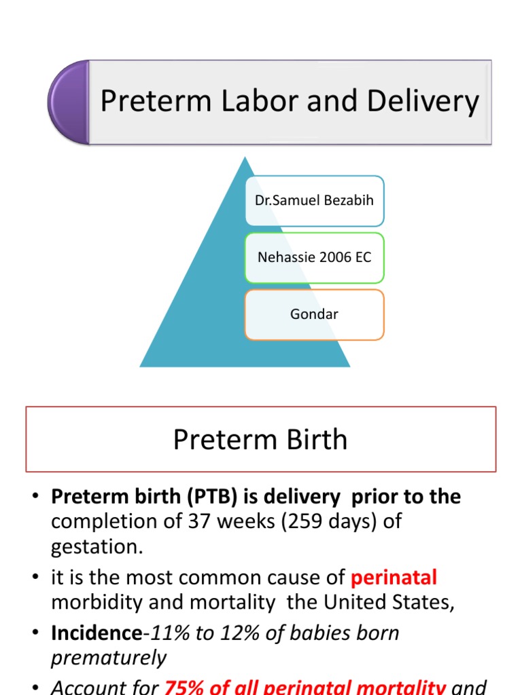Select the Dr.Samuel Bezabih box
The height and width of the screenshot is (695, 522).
(x=314, y=201)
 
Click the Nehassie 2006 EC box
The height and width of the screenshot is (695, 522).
(x=314, y=258)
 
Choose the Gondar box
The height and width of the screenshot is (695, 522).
(x=314, y=315)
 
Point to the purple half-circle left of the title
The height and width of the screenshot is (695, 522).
(x=68, y=102)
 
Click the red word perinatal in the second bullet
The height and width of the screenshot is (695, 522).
(x=394, y=578)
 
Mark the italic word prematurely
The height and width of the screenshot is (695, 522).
(x=109, y=658)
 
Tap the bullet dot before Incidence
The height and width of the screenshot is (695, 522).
(x=35, y=633)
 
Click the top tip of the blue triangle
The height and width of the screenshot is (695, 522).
(x=245, y=160)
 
